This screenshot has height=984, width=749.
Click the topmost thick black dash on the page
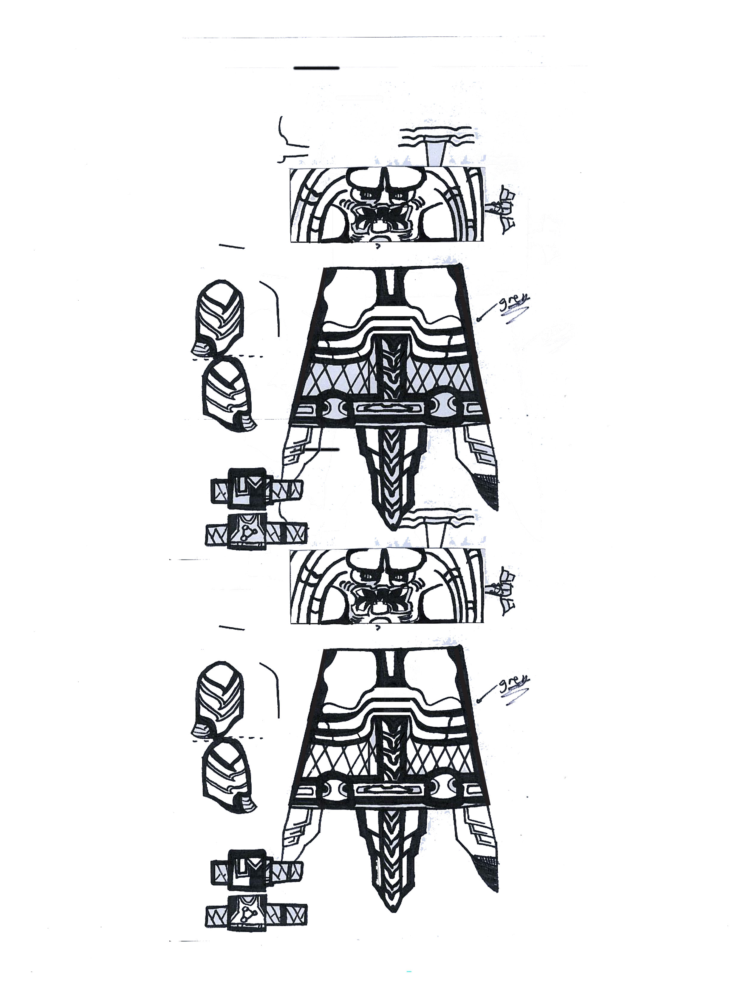(x=317, y=68)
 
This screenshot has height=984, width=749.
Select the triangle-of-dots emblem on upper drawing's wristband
(x=246, y=533)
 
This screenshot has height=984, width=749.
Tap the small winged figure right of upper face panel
(x=504, y=210)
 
